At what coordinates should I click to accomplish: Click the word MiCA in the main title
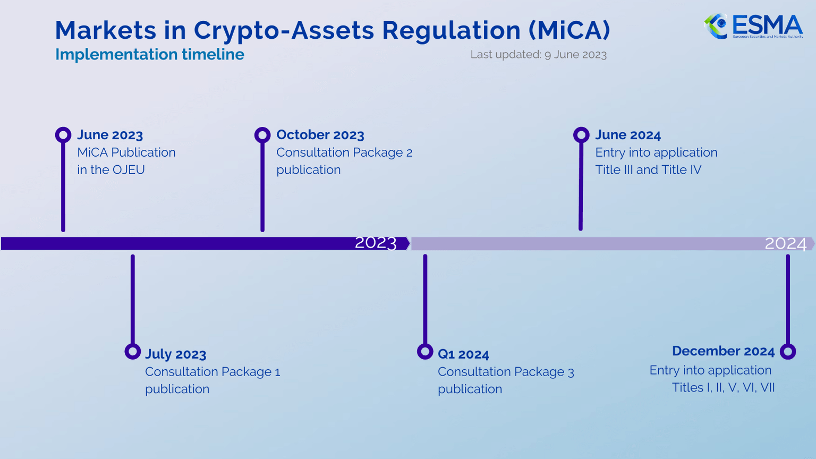569,30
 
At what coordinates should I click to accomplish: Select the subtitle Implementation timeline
149,54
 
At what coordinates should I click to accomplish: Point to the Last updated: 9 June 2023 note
538,55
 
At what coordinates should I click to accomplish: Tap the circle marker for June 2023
63,135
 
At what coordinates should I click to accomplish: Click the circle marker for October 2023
262,135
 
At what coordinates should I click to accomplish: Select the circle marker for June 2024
581,135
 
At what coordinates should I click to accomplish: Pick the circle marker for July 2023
132,351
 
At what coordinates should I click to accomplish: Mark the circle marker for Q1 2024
425,351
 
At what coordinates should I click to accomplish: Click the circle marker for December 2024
788,351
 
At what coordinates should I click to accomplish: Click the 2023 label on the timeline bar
376,243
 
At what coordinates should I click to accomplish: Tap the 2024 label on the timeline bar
785,243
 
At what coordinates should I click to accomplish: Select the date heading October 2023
320,135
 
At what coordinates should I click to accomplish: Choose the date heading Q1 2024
463,354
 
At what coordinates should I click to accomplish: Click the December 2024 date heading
723,351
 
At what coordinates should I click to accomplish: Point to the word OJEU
128,170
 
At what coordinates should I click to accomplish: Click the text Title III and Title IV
648,170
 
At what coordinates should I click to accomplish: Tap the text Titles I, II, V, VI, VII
723,388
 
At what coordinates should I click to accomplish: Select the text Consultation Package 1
212,372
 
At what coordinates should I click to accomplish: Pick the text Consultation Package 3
506,372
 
